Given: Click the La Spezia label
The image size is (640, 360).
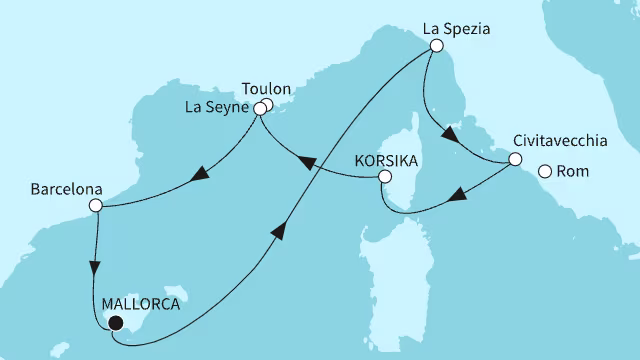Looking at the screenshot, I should (457, 30).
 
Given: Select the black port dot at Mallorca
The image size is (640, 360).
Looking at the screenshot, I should (114, 322).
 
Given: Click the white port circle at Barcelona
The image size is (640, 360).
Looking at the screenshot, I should (95, 206).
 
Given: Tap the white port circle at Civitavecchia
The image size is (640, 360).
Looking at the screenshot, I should (515, 158).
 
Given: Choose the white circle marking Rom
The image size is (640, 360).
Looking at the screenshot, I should (545, 172).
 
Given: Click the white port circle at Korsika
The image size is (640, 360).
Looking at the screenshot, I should (383, 178).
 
